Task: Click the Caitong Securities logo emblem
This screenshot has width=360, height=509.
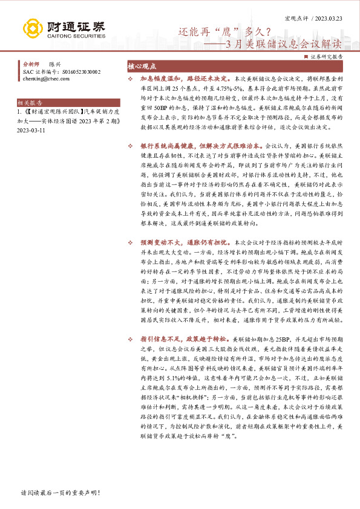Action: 33,28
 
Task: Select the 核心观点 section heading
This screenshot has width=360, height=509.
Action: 142,66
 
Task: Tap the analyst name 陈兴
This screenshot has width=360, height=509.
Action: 55,64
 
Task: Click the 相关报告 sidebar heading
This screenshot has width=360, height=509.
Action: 30,103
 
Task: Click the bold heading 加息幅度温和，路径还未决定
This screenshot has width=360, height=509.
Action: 183,79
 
